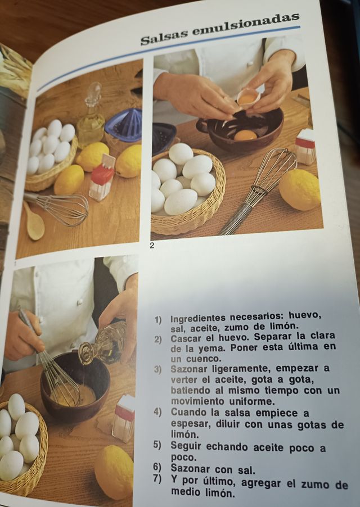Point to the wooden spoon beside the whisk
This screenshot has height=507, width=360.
point(34,223)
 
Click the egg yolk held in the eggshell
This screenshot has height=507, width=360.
point(247,99)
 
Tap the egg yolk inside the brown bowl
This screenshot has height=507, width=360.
point(245,135)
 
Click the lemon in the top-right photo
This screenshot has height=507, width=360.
point(299,189)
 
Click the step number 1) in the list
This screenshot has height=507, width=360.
point(159,319)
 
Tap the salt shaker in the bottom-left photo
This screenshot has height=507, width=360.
point(123,417)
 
